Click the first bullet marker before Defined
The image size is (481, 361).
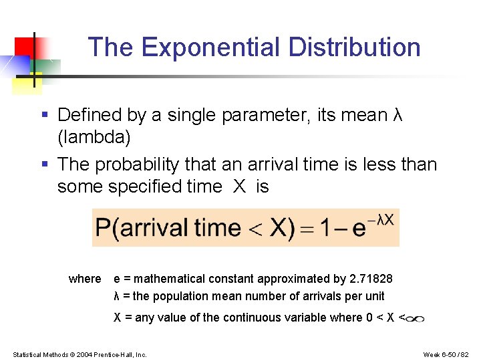coord(44,116)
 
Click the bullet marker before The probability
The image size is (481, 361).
coord(44,164)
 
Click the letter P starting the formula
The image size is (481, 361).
coord(104,228)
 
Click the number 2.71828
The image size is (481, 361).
coord(371,279)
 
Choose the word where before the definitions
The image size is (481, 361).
coord(85,279)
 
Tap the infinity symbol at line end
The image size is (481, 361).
coord(416,319)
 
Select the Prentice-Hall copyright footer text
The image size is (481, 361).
coord(79,354)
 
